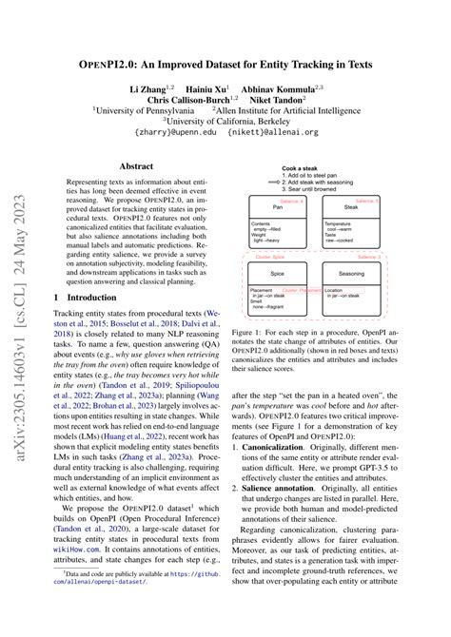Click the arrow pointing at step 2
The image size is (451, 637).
pos(276,183)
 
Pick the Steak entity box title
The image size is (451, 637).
pos(351,208)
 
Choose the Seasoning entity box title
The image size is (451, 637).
pos(351,275)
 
